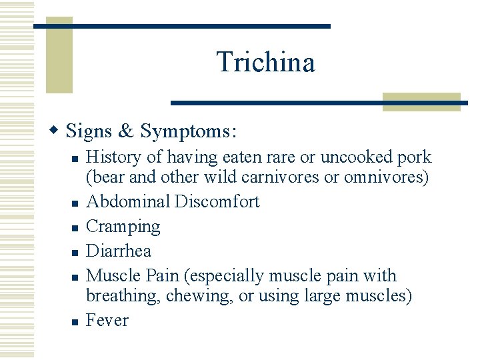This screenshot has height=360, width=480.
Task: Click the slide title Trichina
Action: [x=265, y=62]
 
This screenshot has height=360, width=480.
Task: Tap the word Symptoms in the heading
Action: [x=187, y=131]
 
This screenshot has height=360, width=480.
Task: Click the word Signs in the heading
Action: [x=89, y=131]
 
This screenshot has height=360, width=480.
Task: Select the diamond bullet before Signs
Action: [x=57, y=129]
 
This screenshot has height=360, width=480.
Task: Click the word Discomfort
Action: [x=217, y=201]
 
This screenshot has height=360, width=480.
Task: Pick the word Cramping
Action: [x=123, y=227]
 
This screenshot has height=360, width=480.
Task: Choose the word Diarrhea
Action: [x=119, y=251]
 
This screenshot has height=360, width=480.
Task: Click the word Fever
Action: [x=108, y=320]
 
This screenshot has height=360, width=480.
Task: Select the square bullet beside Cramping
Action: [x=75, y=229]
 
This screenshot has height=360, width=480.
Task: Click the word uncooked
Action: [x=350, y=157]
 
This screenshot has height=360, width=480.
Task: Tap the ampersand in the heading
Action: [x=127, y=131]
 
